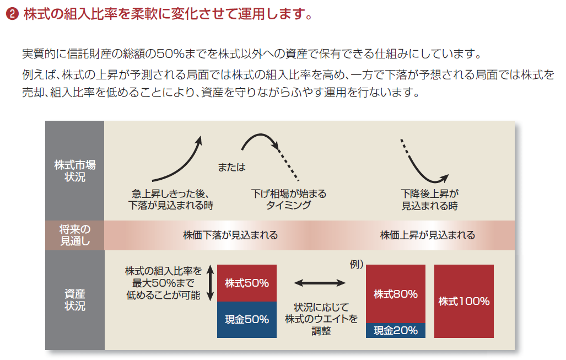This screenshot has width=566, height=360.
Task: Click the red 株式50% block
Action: pyautogui.click(x=246, y=283)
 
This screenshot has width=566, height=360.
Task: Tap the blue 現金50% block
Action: pyautogui.click(x=246, y=319)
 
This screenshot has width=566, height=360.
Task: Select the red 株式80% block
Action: pyautogui.click(x=395, y=294)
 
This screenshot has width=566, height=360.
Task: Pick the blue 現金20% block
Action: pyautogui.click(x=395, y=330)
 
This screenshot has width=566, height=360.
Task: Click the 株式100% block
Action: pyautogui.click(x=464, y=301)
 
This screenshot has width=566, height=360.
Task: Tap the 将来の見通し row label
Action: pyautogui.click(x=74, y=235)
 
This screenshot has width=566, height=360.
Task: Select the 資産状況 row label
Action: pyautogui.click(x=74, y=300)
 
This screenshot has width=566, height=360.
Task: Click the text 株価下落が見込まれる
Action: pyautogui.click(x=230, y=235)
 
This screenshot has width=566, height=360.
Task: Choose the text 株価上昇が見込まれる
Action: pyautogui.click(x=427, y=235)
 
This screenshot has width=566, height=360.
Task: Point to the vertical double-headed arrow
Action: pyautogui.click(x=210, y=283)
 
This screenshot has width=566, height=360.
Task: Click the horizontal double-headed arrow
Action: pyautogui.click(x=320, y=283)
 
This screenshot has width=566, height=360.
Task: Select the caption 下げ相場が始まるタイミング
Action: pyautogui.click(x=289, y=200)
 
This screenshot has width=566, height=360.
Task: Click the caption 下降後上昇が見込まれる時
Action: pyautogui.click(x=430, y=200)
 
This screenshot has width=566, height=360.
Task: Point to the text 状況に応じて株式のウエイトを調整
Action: pyautogui.click(x=321, y=319)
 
